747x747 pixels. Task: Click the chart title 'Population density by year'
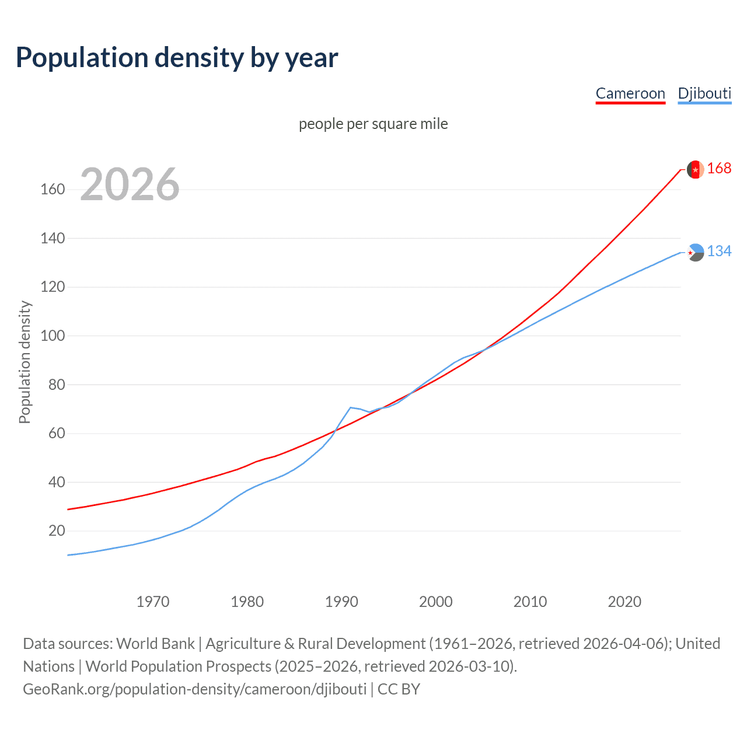coord(177,58)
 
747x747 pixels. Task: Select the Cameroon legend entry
coord(630,93)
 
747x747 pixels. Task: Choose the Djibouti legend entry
coord(704,93)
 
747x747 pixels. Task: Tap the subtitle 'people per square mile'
coord(373,124)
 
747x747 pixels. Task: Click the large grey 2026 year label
coord(130,184)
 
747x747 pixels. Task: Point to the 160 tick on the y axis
coord(53,190)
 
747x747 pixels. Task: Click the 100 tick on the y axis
coord(53,336)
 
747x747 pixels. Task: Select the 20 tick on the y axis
coord(57,531)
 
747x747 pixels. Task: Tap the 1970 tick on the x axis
coord(153,602)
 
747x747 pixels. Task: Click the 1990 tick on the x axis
coord(341,602)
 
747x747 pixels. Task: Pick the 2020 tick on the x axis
coord(624,602)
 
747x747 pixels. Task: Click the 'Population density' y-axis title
coord(25,362)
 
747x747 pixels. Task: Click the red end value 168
coord(719,169)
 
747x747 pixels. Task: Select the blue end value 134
coord(719,252)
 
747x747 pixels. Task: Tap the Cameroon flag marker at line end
coord(695,169)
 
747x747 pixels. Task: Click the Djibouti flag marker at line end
coord(695,253)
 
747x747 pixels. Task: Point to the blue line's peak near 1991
coord(350,407)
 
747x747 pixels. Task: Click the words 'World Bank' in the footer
coord(155,644)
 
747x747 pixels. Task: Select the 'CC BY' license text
coord(399,689)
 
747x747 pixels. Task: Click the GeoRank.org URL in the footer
coord(194,689)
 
